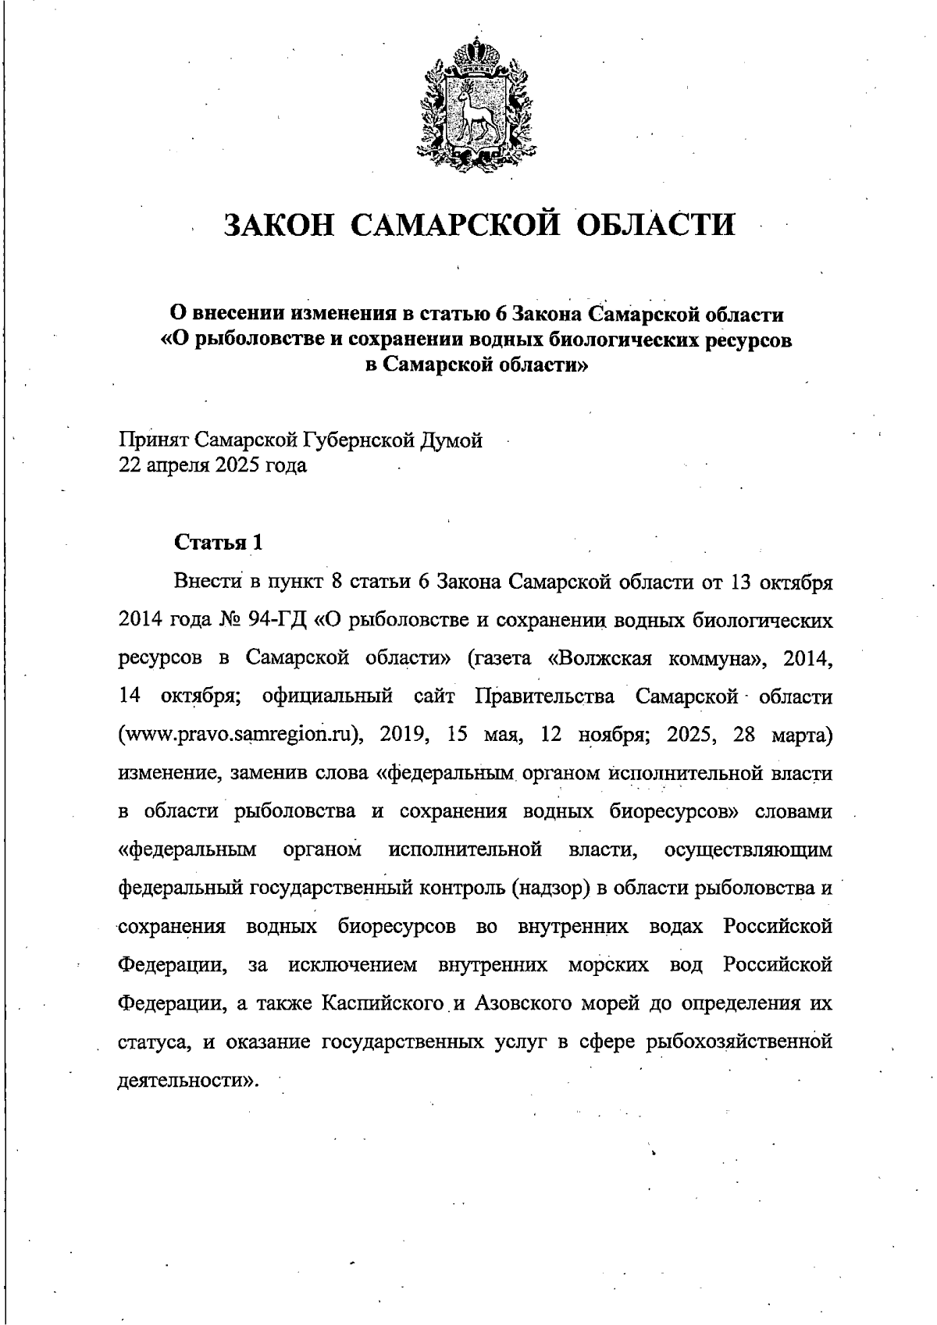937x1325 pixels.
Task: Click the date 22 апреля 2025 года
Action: coord(212,466)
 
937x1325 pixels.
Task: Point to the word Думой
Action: coord(451,440)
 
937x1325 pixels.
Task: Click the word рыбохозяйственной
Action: coord(735,1042)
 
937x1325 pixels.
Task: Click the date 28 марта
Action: coord(783,736)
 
